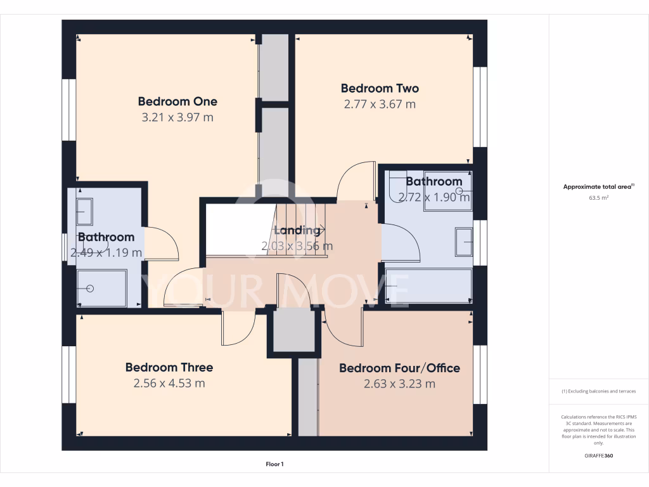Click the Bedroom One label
(x=177, y=101)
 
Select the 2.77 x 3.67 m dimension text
(x=380, y=104)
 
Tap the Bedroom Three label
(x=169, y=367)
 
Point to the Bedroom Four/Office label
(x=399, y=368)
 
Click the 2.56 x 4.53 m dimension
(x=169, y=383)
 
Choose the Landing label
(x=297, y=230)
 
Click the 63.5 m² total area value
(x=599, y=198)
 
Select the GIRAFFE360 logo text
(x=599, y=456)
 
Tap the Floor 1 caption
(x=274, y=465)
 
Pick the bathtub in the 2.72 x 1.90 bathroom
(x=428, y=286)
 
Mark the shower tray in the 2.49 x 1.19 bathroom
(x=101, y=289)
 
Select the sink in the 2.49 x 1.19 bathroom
(x=84, y=211)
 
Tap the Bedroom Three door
(x=237, y=328)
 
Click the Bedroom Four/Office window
(x=480, y=374)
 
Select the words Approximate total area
(x=597, y=187)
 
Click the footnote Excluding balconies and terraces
(x=599, y=391)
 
